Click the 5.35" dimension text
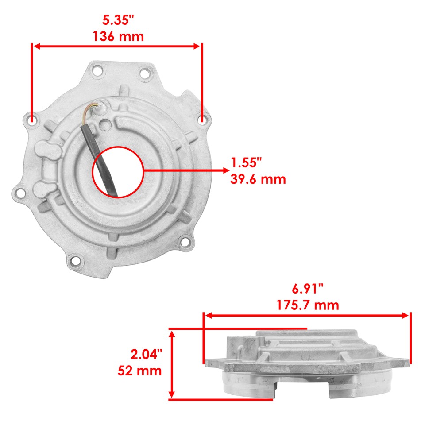(118, 19)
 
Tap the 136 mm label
(118, 36)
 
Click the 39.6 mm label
(258, 179)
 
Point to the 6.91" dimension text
(308, 289)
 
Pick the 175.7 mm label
(308, 305)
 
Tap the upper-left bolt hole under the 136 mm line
(32, 119)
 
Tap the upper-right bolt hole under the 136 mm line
(202, 119)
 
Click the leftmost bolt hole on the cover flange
(19, 193)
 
